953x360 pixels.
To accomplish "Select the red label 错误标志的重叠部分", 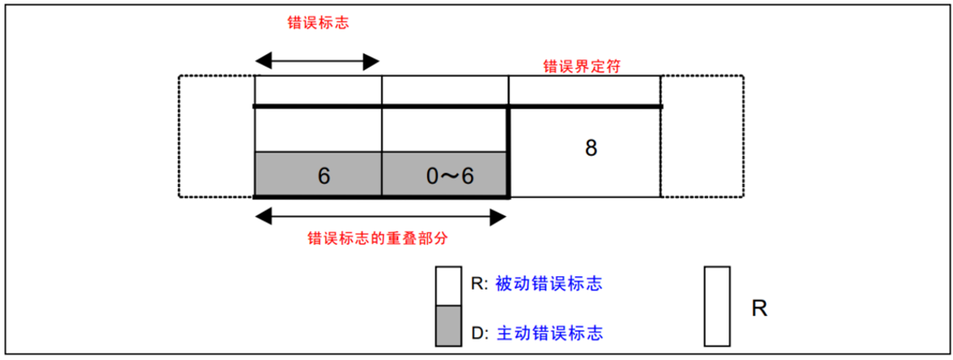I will point(377,238).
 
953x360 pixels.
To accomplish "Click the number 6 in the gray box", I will point(323,175).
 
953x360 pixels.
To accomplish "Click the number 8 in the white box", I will point(590,147).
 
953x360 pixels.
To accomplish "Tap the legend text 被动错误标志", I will point(548,284).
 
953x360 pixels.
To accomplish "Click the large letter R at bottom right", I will point(759,307).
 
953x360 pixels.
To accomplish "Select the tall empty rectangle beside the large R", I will point(717,307).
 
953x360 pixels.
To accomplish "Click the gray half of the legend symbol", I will point(448,326).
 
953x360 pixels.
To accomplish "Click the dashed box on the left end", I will point(216,136).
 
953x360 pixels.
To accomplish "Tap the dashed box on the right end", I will point(701,136).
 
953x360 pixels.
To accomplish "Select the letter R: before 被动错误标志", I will point(479,284).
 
